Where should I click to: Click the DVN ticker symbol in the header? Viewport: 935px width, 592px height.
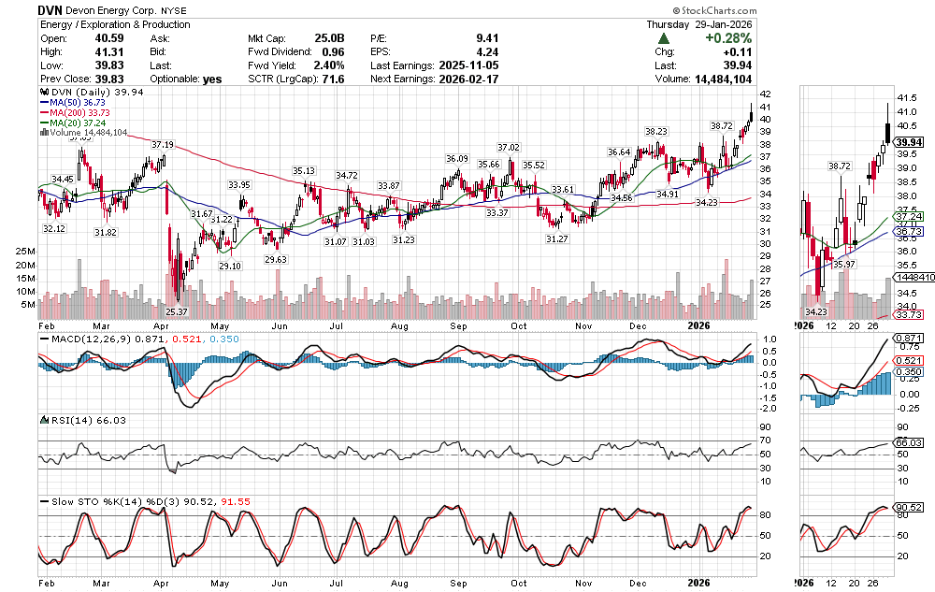(x=51, y=8)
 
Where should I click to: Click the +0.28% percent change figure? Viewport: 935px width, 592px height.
(x=731, y=38)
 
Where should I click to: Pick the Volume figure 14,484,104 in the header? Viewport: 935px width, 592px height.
(x=717, y=79)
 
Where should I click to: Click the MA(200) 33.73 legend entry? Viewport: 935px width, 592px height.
(x=78, y=112)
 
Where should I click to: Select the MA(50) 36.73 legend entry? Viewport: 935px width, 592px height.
(x=75, y=103)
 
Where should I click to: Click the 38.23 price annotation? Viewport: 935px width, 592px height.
(x=655, y=132)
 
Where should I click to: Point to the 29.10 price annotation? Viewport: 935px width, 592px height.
(x=230, y=267)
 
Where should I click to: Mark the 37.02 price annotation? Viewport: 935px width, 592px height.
(x=508, y=148)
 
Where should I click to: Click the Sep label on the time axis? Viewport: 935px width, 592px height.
(x=458, y=325)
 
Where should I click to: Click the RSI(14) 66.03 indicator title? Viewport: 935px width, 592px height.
(x=80, y=421)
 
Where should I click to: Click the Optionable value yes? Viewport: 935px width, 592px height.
(x=212, y=79)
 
